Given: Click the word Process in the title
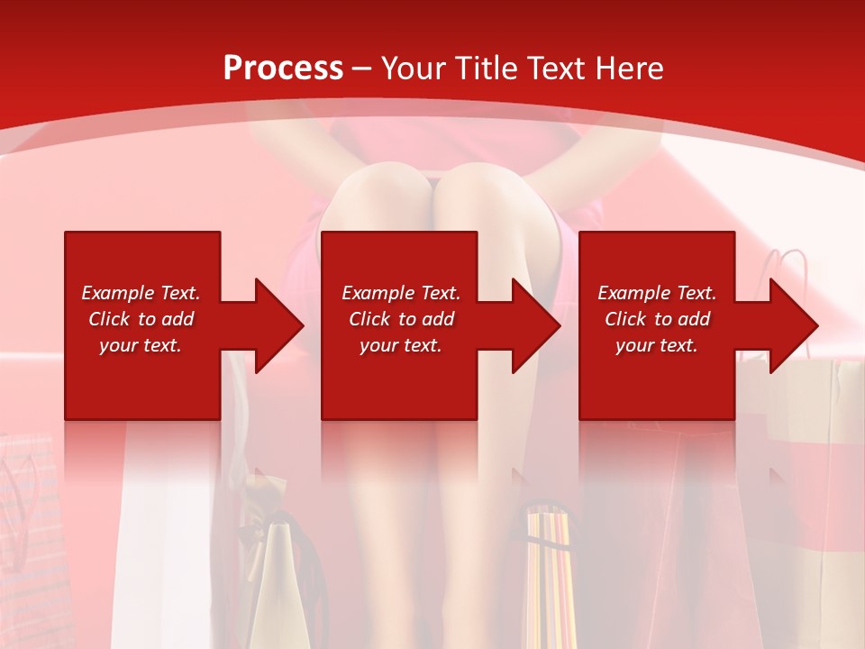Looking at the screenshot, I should [283, 69].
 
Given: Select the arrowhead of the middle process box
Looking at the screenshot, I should [535, 325].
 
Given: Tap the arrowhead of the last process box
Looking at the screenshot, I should [793, 325].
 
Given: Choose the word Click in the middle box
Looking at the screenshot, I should [370, 319].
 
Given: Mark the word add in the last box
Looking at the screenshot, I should [694, 319].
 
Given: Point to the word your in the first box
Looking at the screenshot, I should [117, 345].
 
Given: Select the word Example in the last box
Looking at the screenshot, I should [636, 293].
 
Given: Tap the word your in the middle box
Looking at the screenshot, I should [378, 345].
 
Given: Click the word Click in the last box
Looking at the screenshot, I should [626, 319].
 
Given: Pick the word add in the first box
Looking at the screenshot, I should [178, 319].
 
